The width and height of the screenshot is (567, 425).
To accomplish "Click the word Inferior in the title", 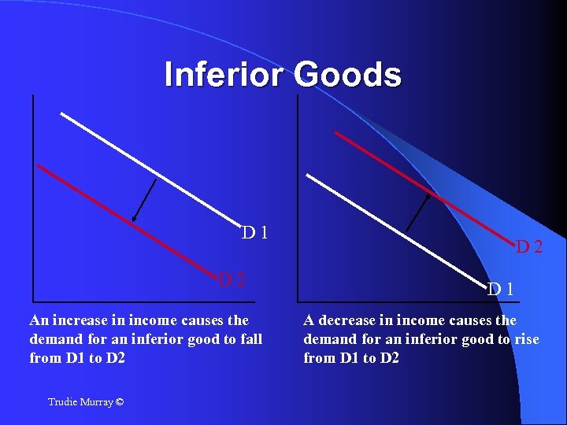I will point(224,76).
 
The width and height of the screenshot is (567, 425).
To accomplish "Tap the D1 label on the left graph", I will point(257,233).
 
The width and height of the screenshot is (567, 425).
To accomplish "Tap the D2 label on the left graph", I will point(232,279).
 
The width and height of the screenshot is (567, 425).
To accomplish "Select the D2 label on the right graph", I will point(528,247).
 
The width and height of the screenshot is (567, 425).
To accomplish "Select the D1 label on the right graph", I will point(501,289).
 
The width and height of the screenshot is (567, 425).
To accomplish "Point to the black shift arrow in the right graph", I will point(417,212).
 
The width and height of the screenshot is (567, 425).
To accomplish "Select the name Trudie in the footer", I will point(62,402).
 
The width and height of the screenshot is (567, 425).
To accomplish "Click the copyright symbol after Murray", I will point(119,402).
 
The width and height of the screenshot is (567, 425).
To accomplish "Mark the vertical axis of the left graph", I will point(33,197).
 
